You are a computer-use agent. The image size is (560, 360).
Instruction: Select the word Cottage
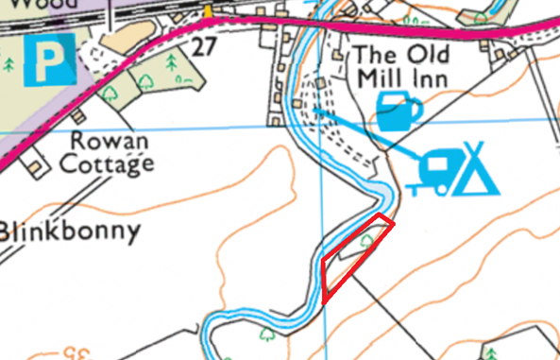[x=106, y=164]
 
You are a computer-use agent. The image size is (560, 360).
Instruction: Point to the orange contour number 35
[x=75, y=353]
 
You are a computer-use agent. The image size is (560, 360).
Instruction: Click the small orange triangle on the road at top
[x=207, y=10]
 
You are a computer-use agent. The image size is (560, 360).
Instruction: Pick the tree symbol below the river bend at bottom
[x=267, y=333]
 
